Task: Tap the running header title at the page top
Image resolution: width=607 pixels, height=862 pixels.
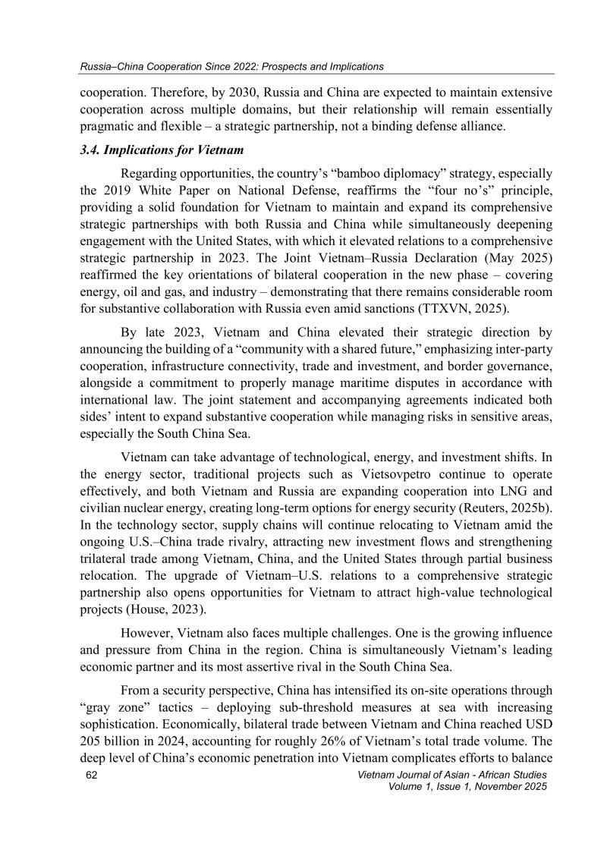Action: pyautogui.click(x=232, y=67)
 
